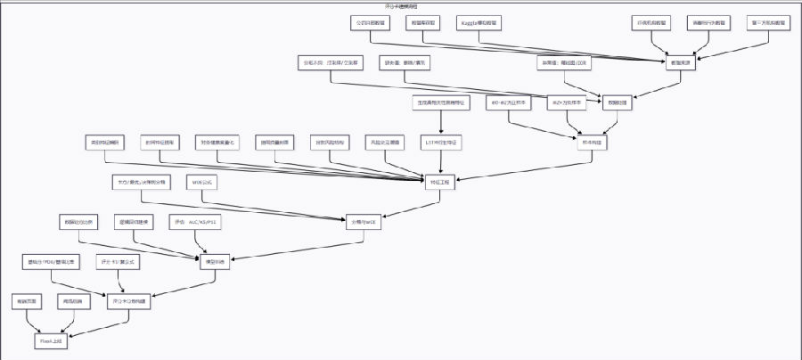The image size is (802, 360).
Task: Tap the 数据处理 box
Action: coord(617,102)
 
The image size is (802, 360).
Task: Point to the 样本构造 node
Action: coord(589,143)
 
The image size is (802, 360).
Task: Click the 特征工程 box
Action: coord(439,182)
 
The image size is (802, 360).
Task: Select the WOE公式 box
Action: coord(202,182)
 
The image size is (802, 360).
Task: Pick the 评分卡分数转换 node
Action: coord(130,302)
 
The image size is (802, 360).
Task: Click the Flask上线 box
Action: coord(49,341)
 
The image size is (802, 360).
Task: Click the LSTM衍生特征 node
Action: coord(442,143)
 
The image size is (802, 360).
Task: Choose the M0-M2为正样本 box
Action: coord(509,102)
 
